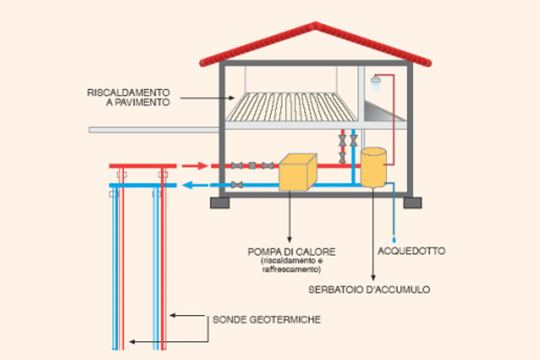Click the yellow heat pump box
297,172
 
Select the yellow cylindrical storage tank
374,167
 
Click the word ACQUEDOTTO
409,249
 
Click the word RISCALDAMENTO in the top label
129,93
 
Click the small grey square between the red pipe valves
253,166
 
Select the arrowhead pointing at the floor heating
237,96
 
